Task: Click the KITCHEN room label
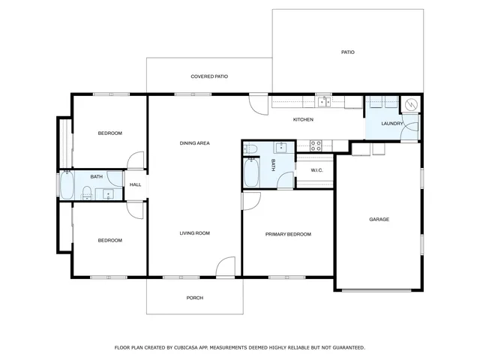coord(303,120)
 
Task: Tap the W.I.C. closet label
coord(316,170)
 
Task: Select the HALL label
coord(135,184)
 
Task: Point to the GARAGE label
coord(379,220)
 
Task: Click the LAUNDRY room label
coord(392,124)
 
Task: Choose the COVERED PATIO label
coord(208,76)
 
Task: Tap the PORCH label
coord(194,298)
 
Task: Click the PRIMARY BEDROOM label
coord(288,234)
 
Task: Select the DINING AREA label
coord(194,142)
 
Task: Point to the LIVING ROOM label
coord(194,233)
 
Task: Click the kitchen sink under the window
coord(323,103)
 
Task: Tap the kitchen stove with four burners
coord(316,145)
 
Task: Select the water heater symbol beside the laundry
coord(410,106)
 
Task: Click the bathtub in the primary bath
coord(251,174)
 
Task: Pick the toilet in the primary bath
coord(250,148)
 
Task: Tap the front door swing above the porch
coord(226,268)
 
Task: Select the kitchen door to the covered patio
coord(258,104)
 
